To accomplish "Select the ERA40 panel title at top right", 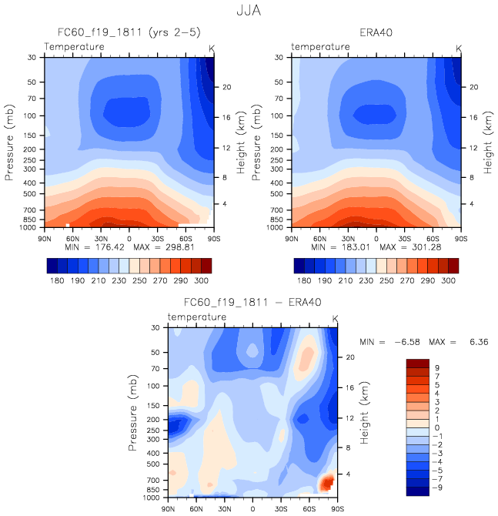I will pos(375,33).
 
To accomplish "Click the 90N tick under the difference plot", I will pos(168,509).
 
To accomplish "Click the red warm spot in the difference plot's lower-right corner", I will pos(327,483).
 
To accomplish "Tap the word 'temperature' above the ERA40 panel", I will pos(316,48).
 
